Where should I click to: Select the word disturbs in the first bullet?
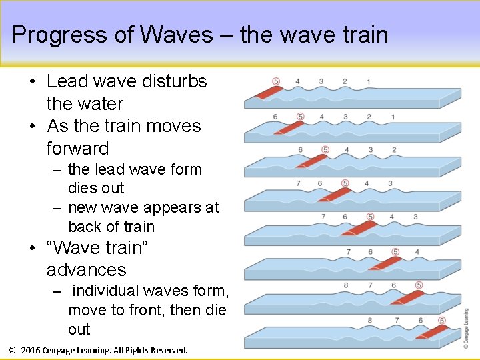[x=176, y=81]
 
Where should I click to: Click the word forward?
[x=77, y=148]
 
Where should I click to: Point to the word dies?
[x=84, y=188]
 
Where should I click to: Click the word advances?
[x=86, y=269]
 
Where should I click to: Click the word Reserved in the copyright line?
[x=169, y=350]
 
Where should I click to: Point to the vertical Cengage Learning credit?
[x=466, y=327]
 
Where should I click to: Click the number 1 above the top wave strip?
[x=369, y=81]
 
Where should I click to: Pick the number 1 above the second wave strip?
[x=393, y=117]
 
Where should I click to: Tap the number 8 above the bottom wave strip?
[x=370, y=321]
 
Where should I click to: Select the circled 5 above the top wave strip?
[x=275, y=81]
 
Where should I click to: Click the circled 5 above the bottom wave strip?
[x=442, y=321]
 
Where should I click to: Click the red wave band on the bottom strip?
[x=430, y=331]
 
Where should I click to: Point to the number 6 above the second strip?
[x=275, y=117]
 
